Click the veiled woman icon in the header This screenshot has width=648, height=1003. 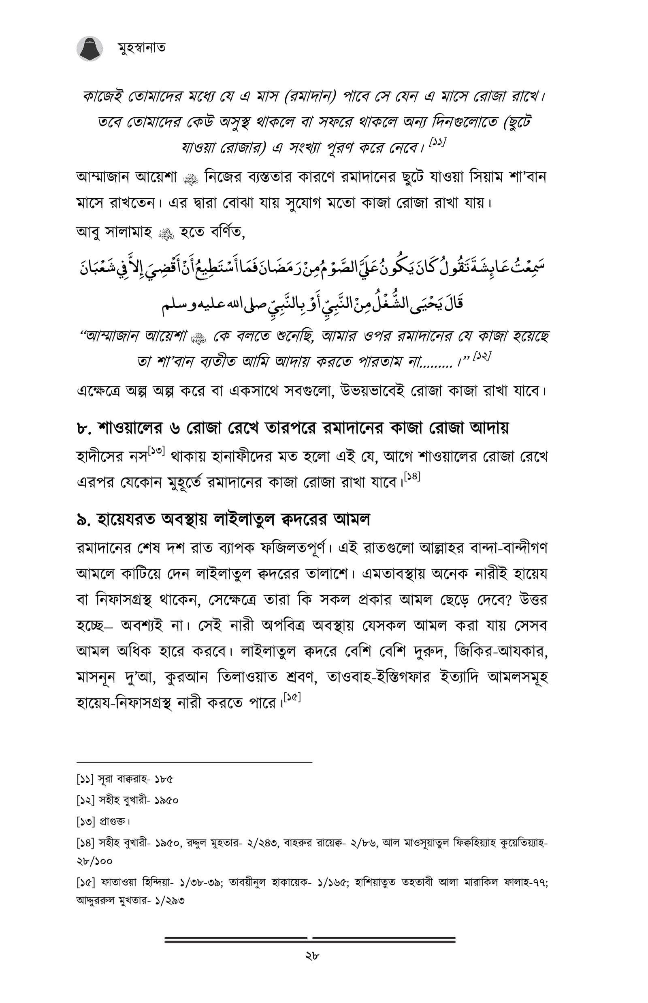pos(90,48)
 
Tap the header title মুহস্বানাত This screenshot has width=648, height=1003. pos(141,47)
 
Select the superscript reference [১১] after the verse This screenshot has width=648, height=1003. pos(437,142)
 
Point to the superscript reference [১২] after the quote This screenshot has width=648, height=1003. pos(482,356)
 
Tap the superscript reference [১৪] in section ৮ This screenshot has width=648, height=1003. pos(412,477)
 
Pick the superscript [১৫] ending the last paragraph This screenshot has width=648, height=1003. pos(292,697)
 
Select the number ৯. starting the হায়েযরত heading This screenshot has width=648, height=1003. pos(84,521)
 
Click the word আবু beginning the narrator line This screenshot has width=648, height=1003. pos(88,232)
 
